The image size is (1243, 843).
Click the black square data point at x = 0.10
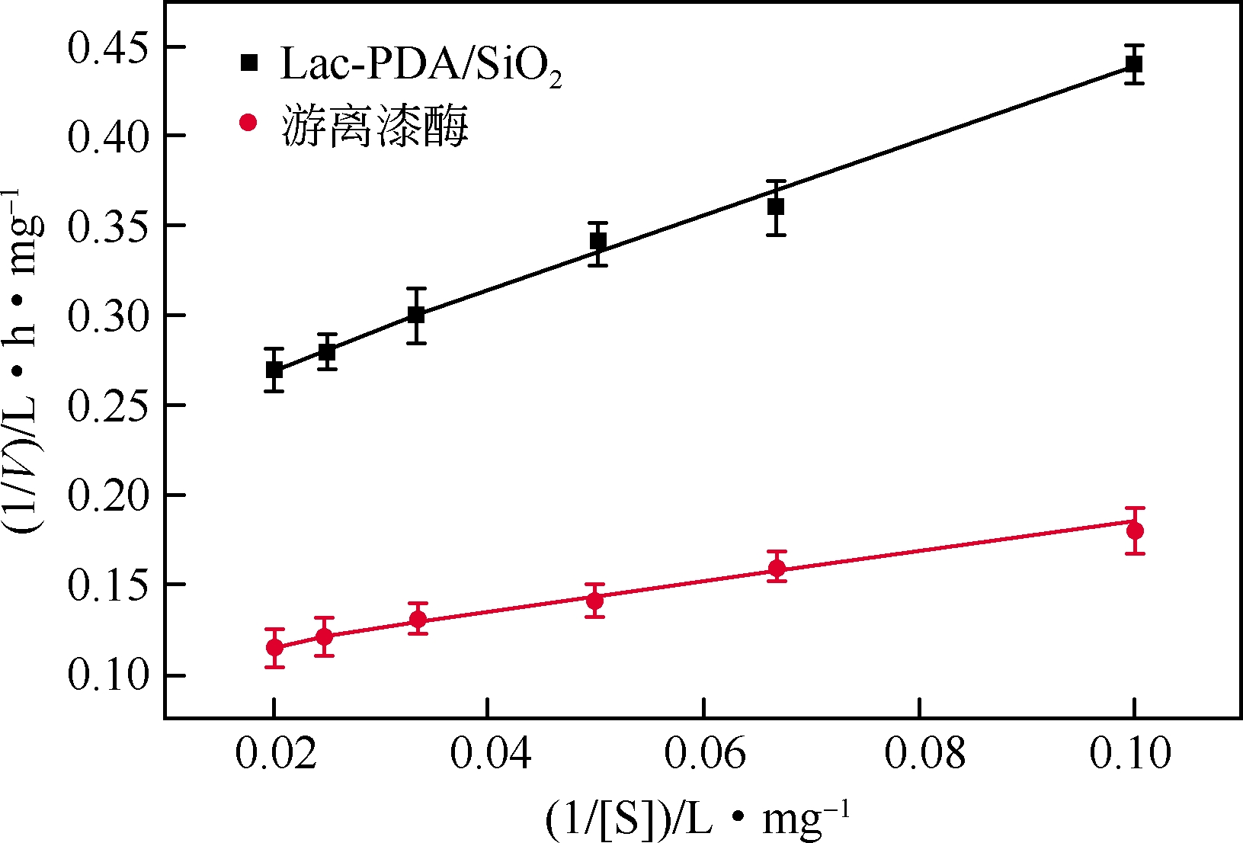1134,64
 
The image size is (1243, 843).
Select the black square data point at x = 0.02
274,370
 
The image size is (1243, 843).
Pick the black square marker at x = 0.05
598,242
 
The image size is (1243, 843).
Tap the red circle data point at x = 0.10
1135,530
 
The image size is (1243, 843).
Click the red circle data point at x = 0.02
274,648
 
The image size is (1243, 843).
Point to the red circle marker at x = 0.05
595,600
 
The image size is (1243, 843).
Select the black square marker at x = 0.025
328,352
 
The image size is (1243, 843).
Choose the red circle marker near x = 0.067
777,568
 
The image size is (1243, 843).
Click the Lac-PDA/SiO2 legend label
421,66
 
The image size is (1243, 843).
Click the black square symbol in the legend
249,63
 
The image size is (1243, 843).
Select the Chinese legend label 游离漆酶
375,126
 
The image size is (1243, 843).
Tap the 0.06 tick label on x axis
704,754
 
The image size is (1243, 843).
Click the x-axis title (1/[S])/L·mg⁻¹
697,819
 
